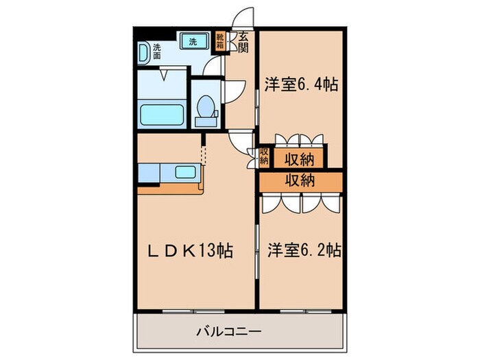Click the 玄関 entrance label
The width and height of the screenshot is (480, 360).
point(243,42)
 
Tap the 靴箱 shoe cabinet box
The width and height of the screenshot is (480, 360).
point(220,42)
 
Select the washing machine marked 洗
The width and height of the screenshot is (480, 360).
point(193,41)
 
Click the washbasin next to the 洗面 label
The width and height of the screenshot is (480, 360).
point(144,52)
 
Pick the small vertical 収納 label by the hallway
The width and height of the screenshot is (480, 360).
point(264,157)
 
